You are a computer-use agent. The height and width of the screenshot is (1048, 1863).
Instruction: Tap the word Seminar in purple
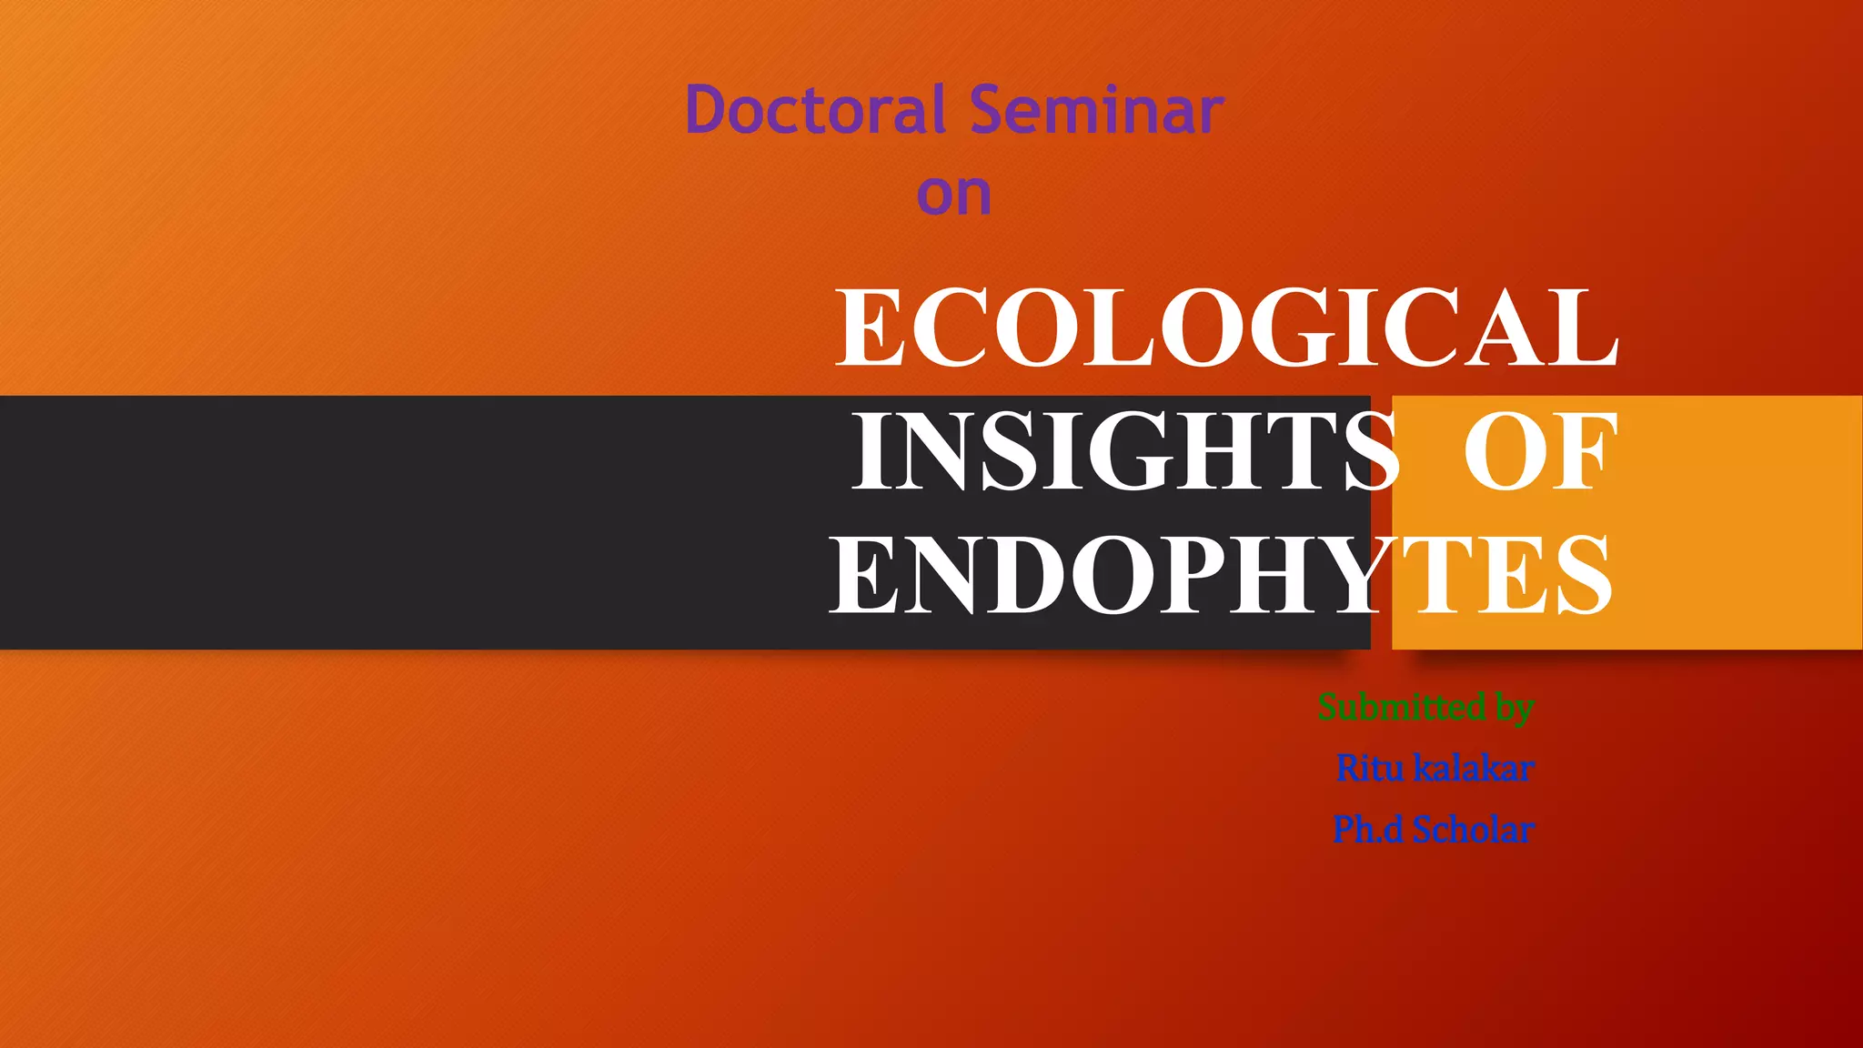tap(1096, 110)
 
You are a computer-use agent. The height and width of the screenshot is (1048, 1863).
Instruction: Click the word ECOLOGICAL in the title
tap(1226, 328)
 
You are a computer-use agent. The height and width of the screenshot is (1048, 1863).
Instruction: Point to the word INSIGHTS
tap(1124, 452)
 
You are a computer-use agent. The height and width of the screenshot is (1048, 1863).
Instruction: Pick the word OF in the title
tap(1541, 452)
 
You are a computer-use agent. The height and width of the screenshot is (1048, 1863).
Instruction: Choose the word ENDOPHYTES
tap(1221, 575)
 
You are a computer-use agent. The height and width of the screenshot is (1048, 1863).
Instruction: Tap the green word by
tap(1515, 709)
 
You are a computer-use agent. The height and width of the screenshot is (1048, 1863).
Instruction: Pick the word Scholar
tap(1474, 830)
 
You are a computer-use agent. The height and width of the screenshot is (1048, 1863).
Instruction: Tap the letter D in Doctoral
tap(708, 110)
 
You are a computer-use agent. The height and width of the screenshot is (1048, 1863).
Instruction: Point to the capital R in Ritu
tap(1348, 769)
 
